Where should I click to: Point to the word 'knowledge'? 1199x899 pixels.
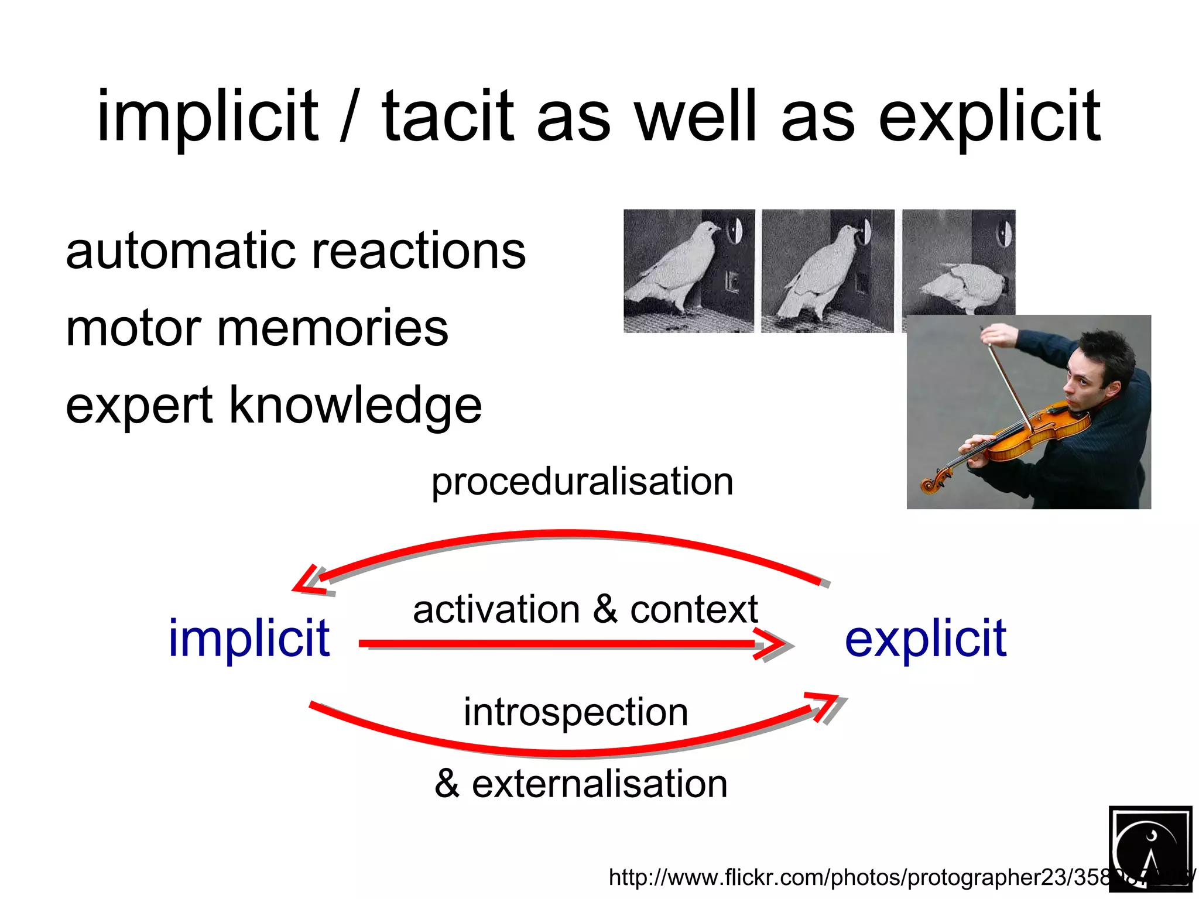[355, 405]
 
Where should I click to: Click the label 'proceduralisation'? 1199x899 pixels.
[582, 482]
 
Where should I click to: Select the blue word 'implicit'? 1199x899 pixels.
[249, 638]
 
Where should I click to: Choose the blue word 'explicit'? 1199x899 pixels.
[925, 638]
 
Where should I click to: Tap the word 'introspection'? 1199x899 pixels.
[575, 712]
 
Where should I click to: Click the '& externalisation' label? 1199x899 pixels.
[581, 784]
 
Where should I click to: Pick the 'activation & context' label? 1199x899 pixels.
[585, 609]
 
